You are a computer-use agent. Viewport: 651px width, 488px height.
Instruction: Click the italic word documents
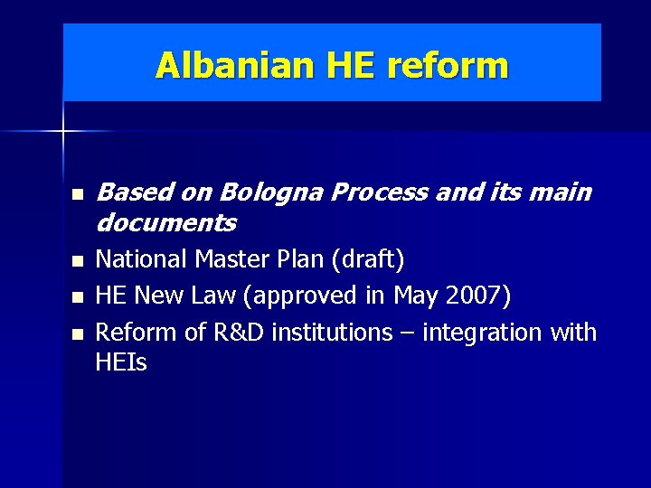coord(165,221)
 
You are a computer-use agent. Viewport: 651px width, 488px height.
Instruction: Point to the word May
coord(414,296)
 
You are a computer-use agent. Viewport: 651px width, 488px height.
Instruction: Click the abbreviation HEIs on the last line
coord(121,362)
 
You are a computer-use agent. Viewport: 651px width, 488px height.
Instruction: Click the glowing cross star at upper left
coord(63,132)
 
